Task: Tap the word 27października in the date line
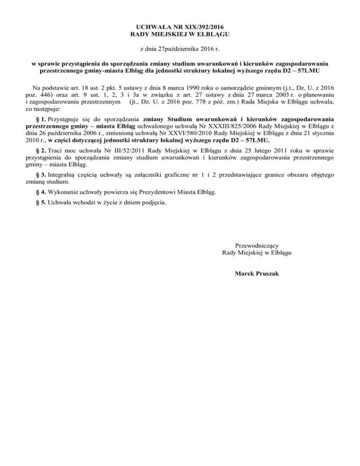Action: [180, 48]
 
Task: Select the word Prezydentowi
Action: [165, 192]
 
